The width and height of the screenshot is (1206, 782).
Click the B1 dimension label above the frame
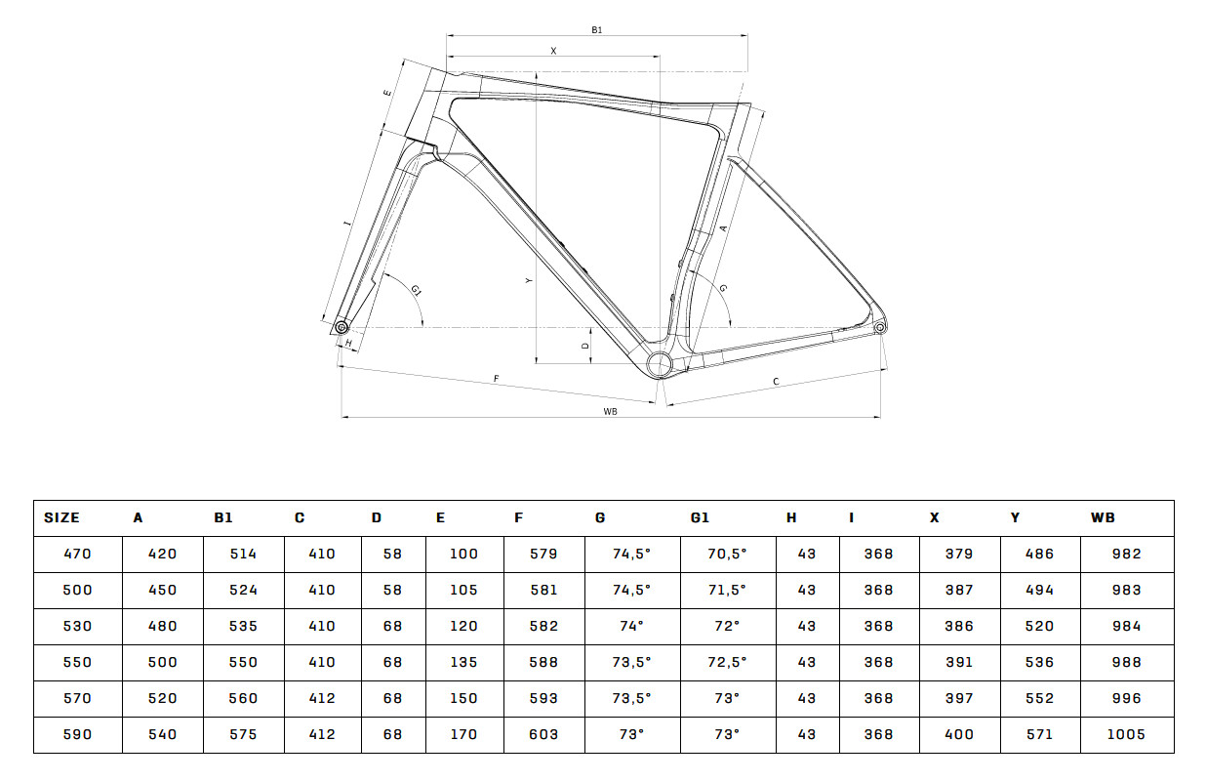596,30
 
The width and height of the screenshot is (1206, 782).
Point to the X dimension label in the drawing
553,51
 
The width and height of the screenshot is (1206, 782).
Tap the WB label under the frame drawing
610,411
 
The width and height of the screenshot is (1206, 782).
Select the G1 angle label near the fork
416,291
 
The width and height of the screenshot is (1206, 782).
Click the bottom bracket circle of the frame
660,365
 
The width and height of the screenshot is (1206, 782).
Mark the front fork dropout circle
341,327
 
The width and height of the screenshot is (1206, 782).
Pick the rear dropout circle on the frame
880,327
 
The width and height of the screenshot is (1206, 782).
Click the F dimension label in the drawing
496,379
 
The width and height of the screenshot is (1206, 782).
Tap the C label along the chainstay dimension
776,382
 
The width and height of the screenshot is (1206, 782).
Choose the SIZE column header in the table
61,517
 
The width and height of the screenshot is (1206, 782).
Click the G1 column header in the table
700,517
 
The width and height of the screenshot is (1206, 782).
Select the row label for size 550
77,662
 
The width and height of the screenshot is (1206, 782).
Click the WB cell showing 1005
1126,734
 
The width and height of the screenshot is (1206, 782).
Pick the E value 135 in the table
463,662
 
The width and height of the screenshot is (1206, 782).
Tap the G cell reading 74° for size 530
631,626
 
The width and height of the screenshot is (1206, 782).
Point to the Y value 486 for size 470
1039,554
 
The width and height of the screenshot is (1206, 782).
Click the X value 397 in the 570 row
959,698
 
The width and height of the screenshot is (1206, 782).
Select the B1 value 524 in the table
243,590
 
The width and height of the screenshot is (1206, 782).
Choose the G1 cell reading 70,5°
727,554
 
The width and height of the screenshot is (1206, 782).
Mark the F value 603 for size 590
543,734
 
